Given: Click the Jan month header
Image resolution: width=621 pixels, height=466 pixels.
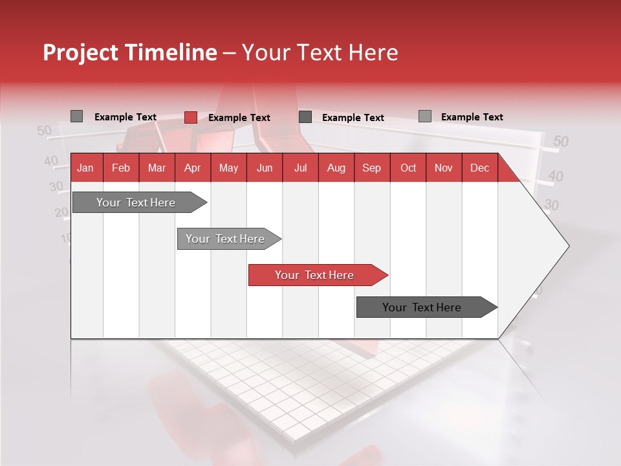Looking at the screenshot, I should (86, 168).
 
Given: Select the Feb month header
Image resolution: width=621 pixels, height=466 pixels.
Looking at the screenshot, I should (121, 168).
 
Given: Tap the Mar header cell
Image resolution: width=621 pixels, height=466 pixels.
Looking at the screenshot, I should (157, 168).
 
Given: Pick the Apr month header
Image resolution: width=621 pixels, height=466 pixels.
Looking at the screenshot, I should (193, 168).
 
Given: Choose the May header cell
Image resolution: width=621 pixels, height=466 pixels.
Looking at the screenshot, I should (228, 168).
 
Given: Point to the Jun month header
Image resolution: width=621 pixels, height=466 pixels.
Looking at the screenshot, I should (265, 168).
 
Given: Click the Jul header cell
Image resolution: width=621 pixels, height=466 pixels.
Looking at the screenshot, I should (300, 168).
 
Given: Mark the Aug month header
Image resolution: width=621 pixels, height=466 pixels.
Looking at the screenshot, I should (336, 168).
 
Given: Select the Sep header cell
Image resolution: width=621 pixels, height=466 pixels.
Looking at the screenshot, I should (372, 168).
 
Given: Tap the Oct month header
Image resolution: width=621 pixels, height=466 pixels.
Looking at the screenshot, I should (408, 168).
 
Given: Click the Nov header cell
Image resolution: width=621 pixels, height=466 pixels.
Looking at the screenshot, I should (444, 168).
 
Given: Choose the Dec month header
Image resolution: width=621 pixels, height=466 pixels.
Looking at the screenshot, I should (480, 168).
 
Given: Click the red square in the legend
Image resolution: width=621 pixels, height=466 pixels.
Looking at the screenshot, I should (190, 117).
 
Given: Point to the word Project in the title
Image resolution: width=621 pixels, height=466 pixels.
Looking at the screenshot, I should (80, 52).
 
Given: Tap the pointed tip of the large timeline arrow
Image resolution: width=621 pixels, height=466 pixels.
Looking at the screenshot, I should (567, 246).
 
